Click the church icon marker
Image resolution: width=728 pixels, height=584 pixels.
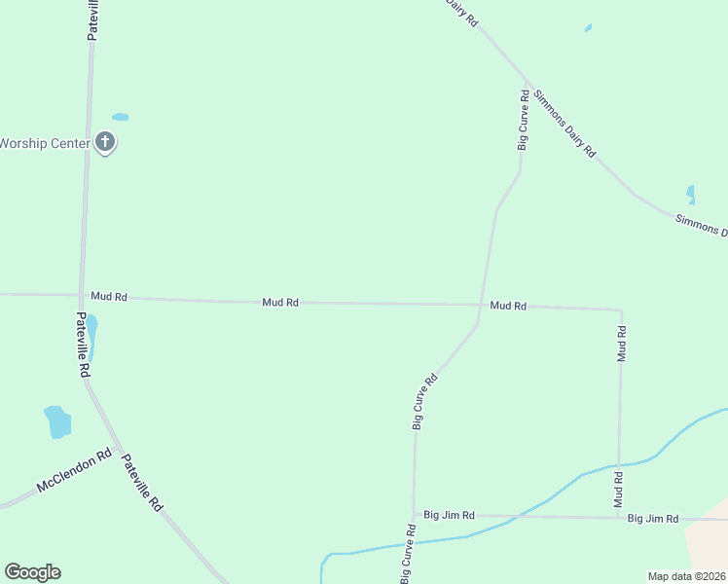(106, 143)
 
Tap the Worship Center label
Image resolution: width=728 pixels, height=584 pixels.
(45, 143)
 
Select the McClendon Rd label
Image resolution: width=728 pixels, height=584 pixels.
(75, 471)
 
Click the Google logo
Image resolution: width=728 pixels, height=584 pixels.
(32, 572)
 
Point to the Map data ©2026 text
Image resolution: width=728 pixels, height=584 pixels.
(686, 576)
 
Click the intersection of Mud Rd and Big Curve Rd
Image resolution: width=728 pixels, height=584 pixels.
(479, 305)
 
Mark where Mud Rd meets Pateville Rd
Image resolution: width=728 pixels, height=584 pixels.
(82, 295)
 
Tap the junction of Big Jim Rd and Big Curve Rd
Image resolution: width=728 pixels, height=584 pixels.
(415, 514)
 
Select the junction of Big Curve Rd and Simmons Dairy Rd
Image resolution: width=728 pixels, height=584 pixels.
(528, 82)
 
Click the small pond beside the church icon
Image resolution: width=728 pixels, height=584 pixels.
(120, 117)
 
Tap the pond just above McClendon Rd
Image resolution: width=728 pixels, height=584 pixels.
(58, 422)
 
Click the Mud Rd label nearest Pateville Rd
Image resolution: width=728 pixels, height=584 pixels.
(109, 296)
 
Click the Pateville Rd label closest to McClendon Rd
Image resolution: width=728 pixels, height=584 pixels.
(142, 484)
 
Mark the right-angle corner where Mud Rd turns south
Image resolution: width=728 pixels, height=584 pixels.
(621, 310)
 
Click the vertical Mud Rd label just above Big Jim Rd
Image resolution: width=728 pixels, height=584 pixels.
(618, 490)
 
